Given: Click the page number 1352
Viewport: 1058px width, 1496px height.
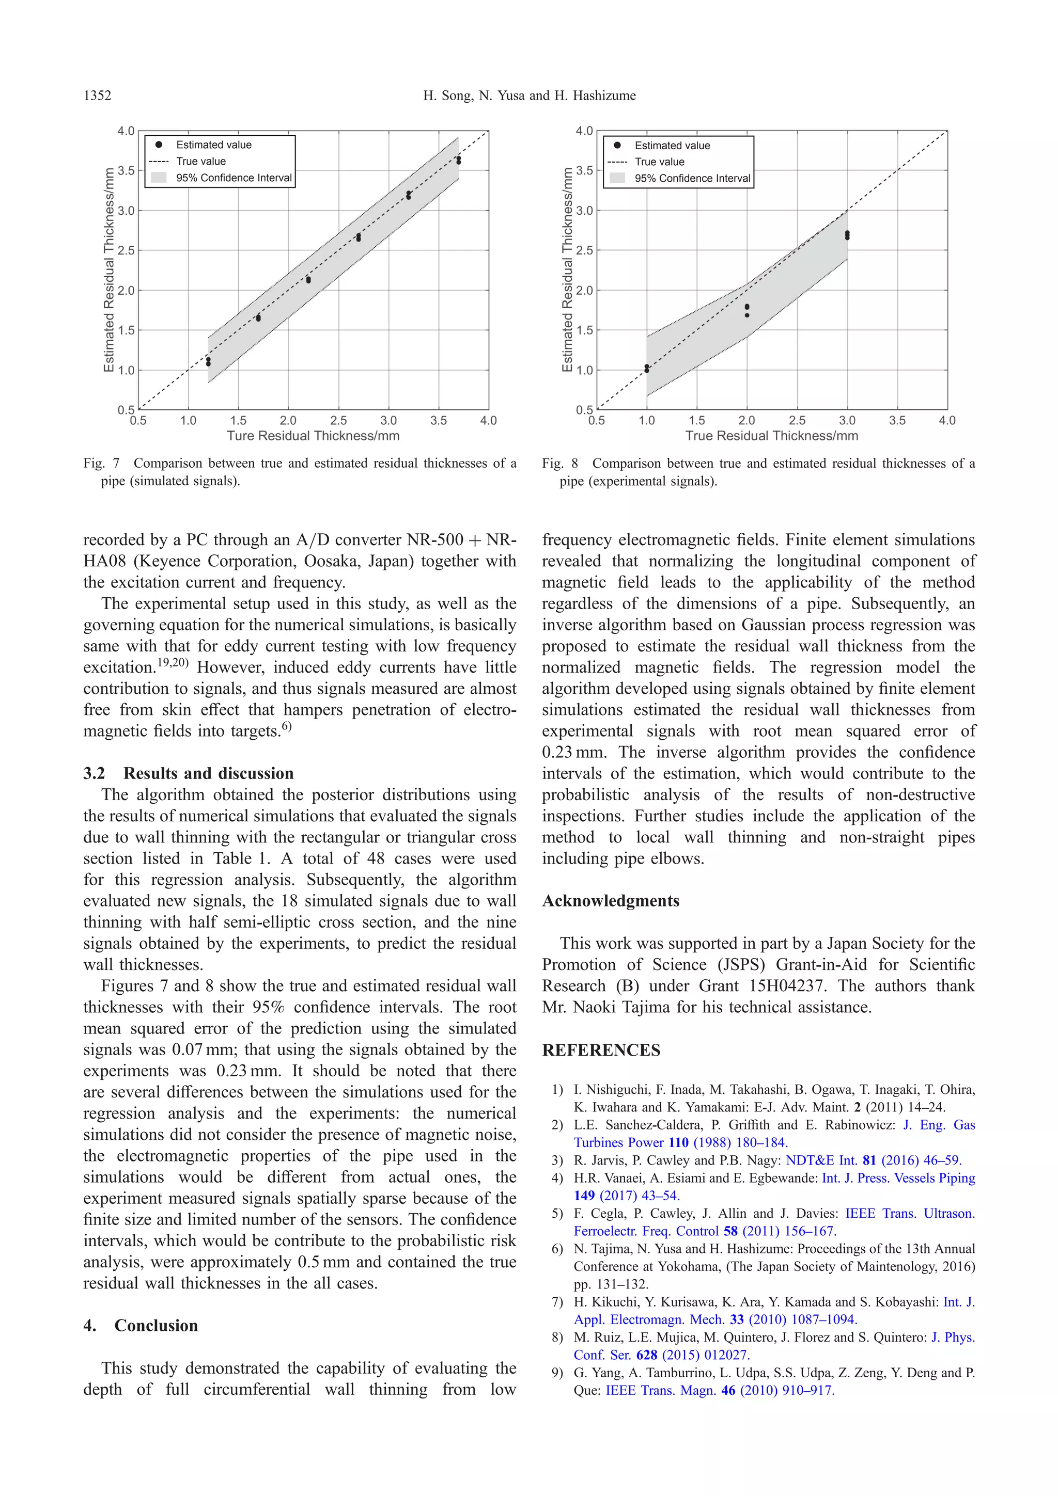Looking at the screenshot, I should point(97,96).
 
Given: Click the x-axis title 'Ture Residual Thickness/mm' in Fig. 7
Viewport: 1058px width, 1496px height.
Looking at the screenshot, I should point(313,436).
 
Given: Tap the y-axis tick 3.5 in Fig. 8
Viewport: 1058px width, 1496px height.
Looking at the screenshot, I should point(584,171).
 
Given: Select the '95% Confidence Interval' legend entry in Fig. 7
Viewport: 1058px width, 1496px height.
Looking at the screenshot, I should point(234,178).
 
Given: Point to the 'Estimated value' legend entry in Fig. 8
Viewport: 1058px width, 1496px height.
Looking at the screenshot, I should point(672,145).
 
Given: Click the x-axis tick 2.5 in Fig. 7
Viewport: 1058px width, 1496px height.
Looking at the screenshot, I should point(338,421).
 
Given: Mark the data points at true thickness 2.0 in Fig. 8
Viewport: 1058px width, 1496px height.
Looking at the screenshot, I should point(747,310).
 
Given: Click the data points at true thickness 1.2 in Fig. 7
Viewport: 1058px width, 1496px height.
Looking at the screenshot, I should point(208,362).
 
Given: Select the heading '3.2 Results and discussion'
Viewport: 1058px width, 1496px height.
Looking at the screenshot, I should point(189,773).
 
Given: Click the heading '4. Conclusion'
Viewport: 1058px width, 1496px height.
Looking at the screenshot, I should point(141,1326).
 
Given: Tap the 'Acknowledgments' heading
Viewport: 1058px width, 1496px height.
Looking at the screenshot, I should point(611,901).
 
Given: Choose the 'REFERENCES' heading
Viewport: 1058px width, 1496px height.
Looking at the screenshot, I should point(601,1051).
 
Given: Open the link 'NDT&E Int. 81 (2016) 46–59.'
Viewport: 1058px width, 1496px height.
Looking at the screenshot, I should point(874,1160).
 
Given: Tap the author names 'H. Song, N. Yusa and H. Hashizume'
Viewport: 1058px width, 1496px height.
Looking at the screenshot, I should point(530,96).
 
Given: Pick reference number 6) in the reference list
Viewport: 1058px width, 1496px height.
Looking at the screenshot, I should point(557,1249).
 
